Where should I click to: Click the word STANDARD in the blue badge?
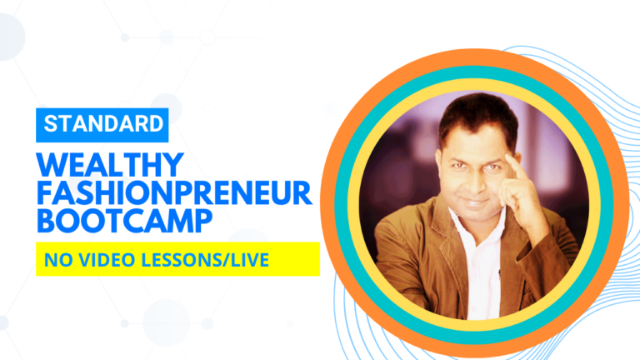point(103,125)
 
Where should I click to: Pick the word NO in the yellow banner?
point(57,261)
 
